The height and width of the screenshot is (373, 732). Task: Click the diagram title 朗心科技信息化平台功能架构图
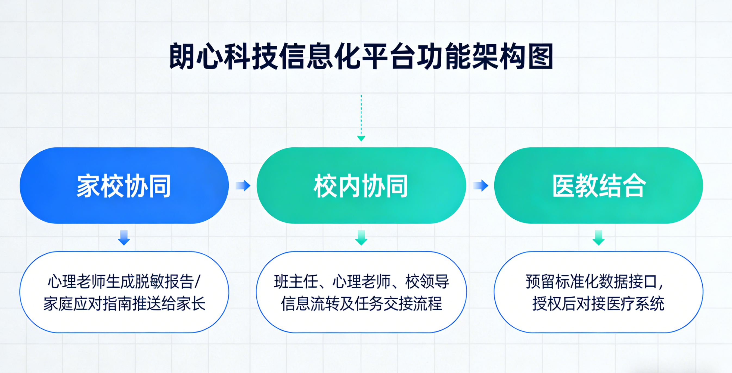[x=361, y=56]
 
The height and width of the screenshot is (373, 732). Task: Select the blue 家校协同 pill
[x=124, y=185]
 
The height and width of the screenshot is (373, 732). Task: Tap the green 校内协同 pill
[x=361, y=185]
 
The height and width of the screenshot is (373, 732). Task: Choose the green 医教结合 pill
[x=598, y=185]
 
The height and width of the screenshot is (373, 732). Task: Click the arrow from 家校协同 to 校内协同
[x=243, y=185]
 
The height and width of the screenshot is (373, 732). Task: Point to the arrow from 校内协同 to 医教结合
[x=480, y=185]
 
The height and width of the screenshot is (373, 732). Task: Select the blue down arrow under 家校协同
[x=124, y=238]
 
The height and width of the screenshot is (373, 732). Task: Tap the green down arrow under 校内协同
[x=361, y=238]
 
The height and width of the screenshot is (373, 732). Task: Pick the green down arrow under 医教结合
[x=598, y=238]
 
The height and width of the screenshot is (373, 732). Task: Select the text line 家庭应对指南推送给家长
[x=124, y=303]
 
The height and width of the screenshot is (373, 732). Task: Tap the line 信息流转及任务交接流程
[x=361, y=303]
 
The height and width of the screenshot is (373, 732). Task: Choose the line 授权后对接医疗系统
[x=598, y=303]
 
